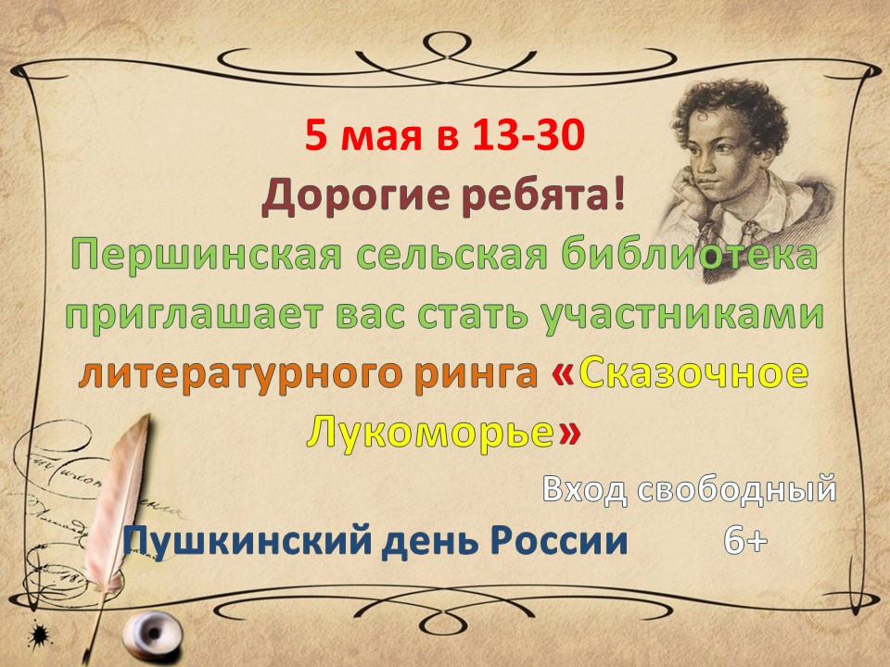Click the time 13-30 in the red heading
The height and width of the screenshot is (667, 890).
point(528,135)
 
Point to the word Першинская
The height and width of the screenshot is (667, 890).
point(207,257)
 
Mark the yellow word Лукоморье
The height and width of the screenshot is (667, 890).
point(429,433)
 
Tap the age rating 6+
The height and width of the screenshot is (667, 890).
point(745,541)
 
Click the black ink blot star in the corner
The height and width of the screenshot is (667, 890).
point(39,634)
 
